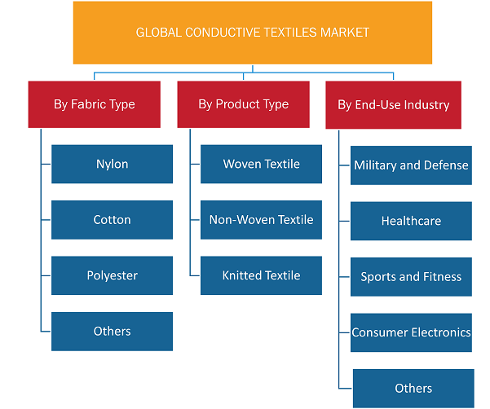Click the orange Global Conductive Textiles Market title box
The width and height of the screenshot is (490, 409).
[x=253, y=33]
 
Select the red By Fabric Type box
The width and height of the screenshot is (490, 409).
[x=95, y=104]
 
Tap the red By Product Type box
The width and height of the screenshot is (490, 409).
[x=244, y=104]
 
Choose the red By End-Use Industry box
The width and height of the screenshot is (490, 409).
[x=394, y=105]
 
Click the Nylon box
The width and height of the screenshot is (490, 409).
[x=112, y=164]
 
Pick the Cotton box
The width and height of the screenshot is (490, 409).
[x=112, y=220]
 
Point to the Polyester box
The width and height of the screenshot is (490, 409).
[x=112, y=275]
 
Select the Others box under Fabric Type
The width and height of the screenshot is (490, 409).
[x=112, y=332]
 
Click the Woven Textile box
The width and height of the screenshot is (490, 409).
[x=261, y=164]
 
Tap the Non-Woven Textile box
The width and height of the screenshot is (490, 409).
[x=261, y=220]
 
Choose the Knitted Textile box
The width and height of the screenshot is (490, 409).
[x=261, y=275]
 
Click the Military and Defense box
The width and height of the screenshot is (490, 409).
[x=411, y=165]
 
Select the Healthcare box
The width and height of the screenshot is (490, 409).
[x=411, y=221]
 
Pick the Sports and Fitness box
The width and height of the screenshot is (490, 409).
[x=411, y=277]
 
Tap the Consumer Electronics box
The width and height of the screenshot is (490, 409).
[x=411, y=332]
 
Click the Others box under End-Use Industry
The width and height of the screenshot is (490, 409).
[x=413, y=389]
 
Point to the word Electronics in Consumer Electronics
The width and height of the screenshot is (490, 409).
[x=440, y=332]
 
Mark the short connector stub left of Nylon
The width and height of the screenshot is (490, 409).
[x=46, y=164]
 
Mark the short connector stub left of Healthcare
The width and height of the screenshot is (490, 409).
[x=344, y=221]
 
